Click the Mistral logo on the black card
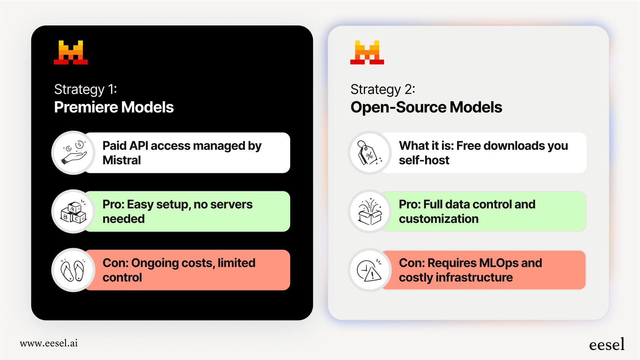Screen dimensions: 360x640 click(71, 53)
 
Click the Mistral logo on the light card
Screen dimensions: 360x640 click(367, 53)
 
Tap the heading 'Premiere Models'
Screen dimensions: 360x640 click(114, 107)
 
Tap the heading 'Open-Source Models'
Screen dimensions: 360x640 click(426, 107)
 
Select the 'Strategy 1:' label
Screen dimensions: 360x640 click(85, 90)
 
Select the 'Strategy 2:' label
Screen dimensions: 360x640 click(382, 90)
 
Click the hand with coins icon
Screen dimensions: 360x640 click(74, 153)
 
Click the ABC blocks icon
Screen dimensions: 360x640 click(74, 211)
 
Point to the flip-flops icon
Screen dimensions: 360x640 click(74, 270)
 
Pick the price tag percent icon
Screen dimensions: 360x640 click(370, 153)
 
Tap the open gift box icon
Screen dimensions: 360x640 click(370, 211)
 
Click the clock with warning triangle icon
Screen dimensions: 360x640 click(370, 270)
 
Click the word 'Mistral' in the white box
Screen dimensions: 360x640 click(122, 160)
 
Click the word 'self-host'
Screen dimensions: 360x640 click(424, 160)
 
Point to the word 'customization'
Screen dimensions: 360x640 click(438, 219)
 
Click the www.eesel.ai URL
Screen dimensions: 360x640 click(49, 343)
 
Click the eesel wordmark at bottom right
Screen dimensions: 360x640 click(606, 345)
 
